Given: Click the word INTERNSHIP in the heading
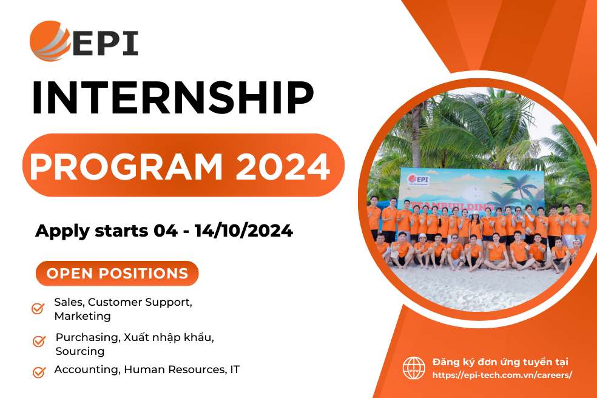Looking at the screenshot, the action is (x=174, y=98).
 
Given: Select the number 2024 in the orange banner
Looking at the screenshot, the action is (x=283, y=166).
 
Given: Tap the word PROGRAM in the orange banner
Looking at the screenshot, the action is (x=126, y=166).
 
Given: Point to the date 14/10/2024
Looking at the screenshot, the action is (x=244, y=231).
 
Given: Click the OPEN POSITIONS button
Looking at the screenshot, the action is (x=117, y=273).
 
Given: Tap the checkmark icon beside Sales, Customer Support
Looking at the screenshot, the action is (x=38, y=308).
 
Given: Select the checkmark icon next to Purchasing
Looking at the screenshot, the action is (x=39, y=341).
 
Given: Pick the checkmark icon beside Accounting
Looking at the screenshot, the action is (x=39, y=372).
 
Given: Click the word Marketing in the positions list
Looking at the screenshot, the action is (x=83, y=316).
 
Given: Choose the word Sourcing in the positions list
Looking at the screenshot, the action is (x=80, y=351).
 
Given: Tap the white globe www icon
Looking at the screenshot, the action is (x=414, y=368).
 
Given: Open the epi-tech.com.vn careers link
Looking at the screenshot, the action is (x=502, y=375).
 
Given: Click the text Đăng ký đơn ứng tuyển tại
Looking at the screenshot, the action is (x=501, y=362).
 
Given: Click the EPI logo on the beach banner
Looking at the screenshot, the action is (x=417, y=180).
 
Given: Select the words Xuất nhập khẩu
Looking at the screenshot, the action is (x=169, y=337).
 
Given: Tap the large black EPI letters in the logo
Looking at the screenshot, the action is (x=106, y=43).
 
